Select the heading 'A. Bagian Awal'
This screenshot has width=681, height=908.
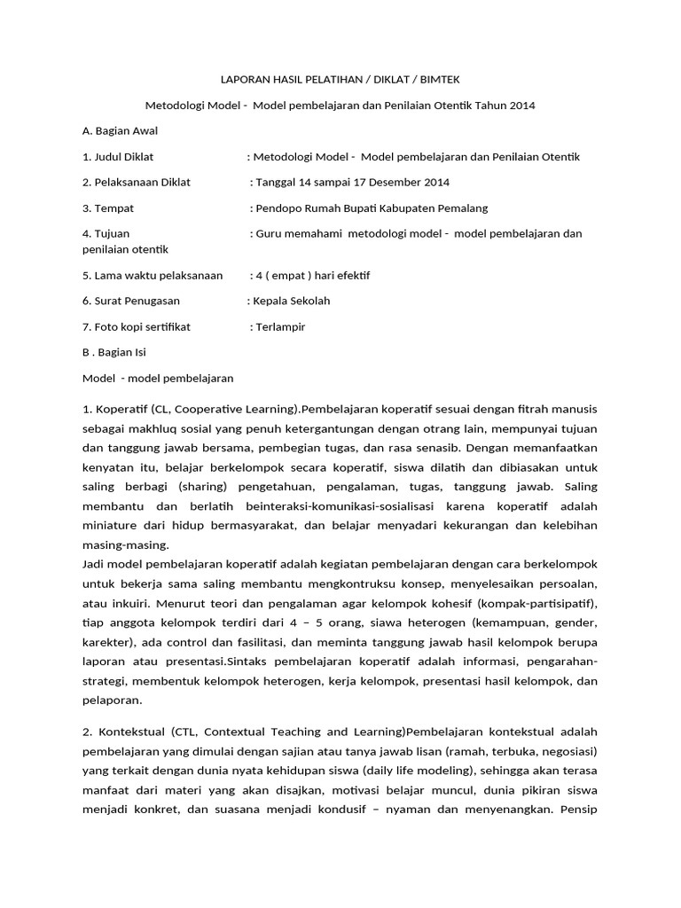coord(120,130)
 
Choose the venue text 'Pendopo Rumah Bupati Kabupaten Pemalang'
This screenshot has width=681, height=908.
coord(371,208)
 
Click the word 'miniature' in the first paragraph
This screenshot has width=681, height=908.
coord(109,525)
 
